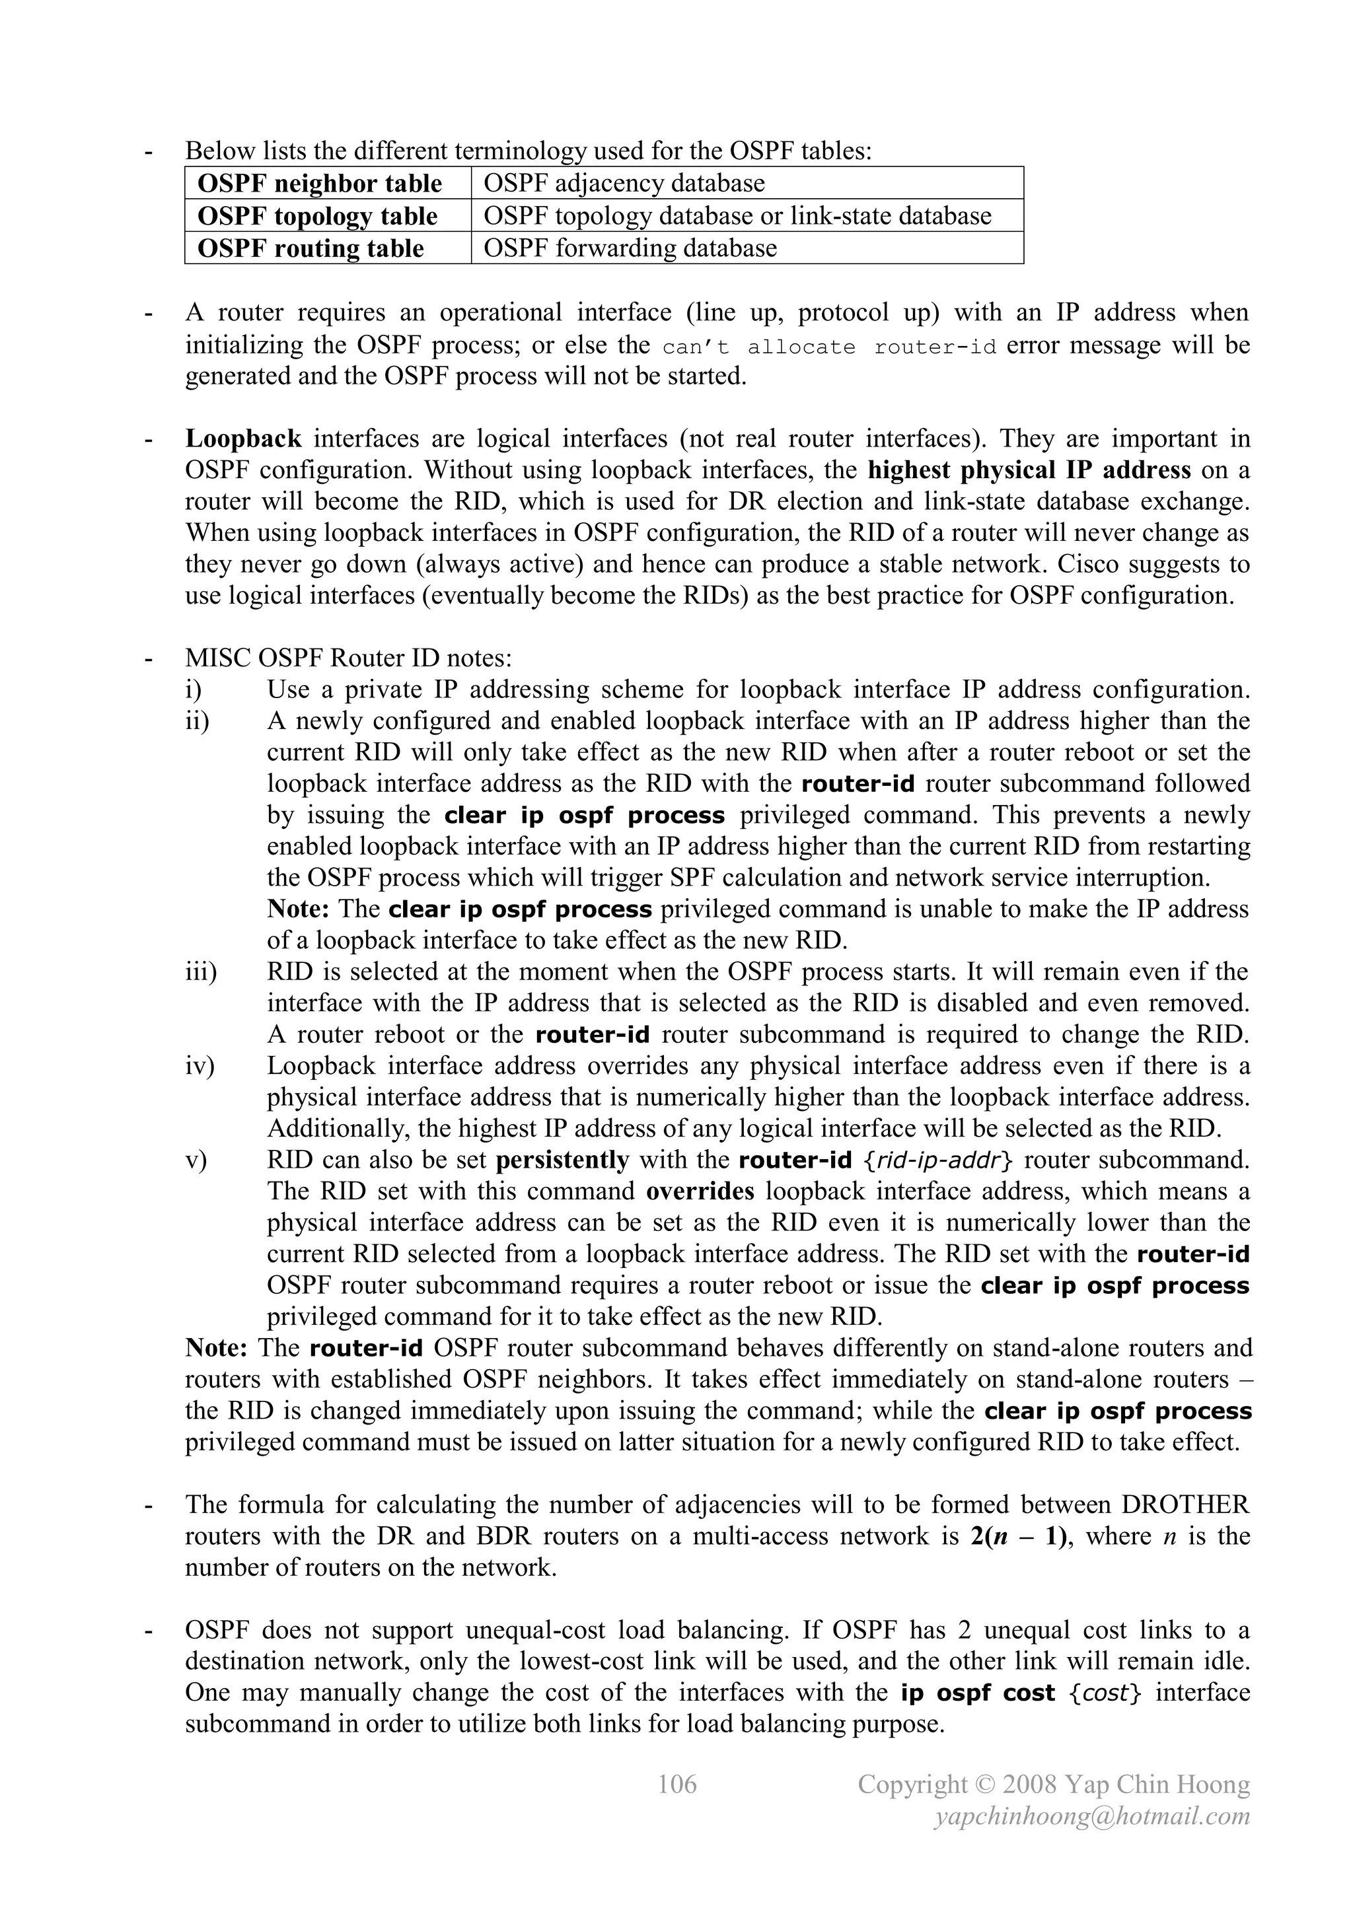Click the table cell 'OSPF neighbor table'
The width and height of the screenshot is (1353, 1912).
pos(320,183)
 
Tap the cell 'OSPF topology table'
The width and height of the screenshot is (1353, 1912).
pos(317,216)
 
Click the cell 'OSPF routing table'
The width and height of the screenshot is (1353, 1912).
pos(311,248)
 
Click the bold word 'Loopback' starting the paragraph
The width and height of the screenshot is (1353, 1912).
pos(243,439)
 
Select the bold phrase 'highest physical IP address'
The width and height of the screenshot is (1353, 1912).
pos(1029,470)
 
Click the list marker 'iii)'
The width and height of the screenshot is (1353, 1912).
pos(201,972)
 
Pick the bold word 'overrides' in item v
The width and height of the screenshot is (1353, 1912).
pos(700,1191)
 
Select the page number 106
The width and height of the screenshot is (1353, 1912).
pos(676,1784)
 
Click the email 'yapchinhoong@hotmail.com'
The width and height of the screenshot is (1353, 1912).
pos(1092,1816)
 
